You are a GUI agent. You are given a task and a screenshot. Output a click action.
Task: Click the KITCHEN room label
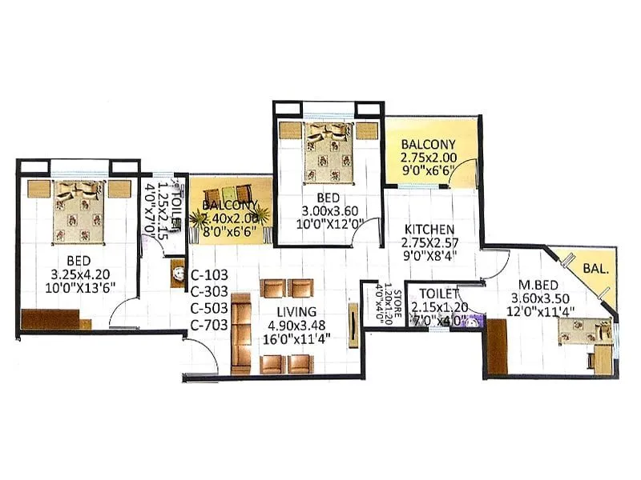(429, 229)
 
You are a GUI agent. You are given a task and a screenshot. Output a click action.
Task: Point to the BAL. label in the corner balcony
(596, 269)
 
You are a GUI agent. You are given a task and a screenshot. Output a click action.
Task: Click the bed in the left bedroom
(78, 212)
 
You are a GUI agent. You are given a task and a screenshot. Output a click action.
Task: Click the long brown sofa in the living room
(241, 334)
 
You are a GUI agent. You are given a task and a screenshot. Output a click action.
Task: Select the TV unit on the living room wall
(353, 324)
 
